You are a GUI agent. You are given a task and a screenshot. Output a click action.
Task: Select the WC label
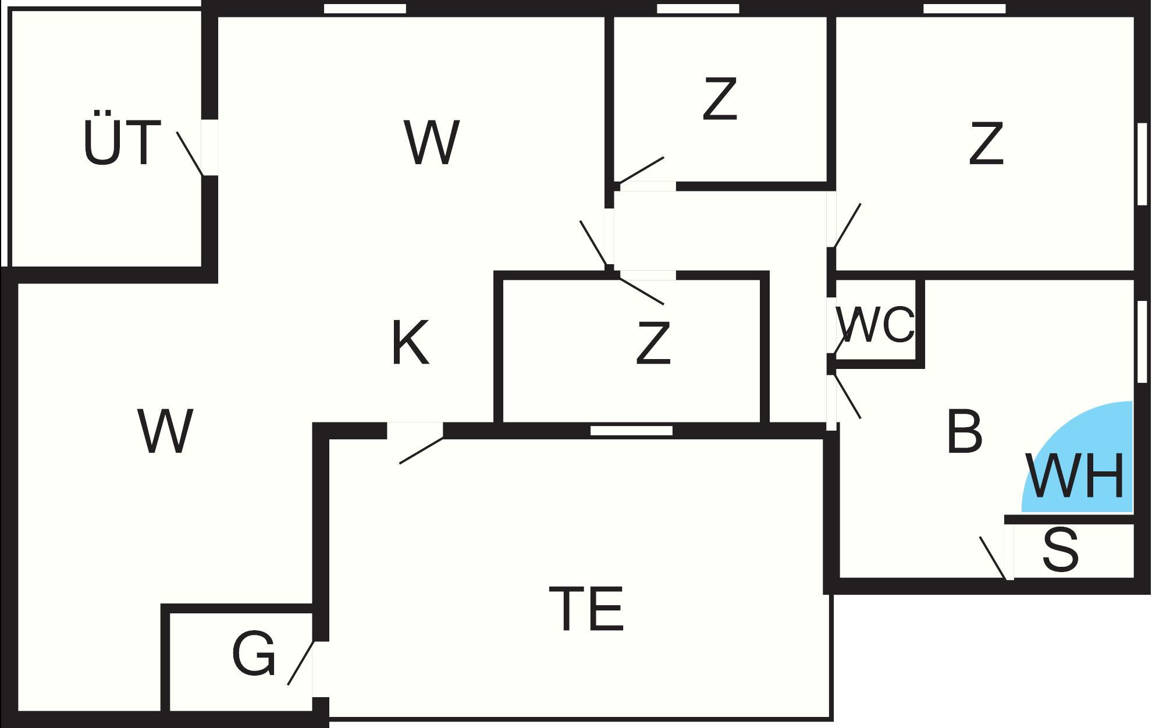coord(875,325)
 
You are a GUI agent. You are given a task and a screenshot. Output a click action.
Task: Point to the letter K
coord(410,343)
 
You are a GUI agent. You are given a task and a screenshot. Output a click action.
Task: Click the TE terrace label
coord(586,609)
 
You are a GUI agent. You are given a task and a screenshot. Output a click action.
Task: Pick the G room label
coord(253,654)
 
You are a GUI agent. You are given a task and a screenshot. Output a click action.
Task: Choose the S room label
coord(1060,551)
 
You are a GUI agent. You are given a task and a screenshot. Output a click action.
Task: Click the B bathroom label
coord(964,432)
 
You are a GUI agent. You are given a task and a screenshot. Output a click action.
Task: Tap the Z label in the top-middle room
coord(720,100)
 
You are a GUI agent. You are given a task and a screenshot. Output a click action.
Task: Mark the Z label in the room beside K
coord(653,345)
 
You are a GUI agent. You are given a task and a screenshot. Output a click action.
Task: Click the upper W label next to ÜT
coord(432,142)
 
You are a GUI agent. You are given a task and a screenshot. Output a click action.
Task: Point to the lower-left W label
coord(165,432)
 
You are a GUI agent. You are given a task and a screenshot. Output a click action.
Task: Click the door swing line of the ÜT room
coord(190,153)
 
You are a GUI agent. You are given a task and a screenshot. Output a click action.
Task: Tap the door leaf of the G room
coord(301,663)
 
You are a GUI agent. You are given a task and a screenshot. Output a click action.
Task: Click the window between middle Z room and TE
coord(631,431)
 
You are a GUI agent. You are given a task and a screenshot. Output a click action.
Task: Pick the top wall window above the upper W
coord(365,9)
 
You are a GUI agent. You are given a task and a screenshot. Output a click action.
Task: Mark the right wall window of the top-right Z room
coord(1142,164)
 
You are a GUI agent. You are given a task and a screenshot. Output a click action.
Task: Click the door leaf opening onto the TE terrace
coord(421,451)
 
